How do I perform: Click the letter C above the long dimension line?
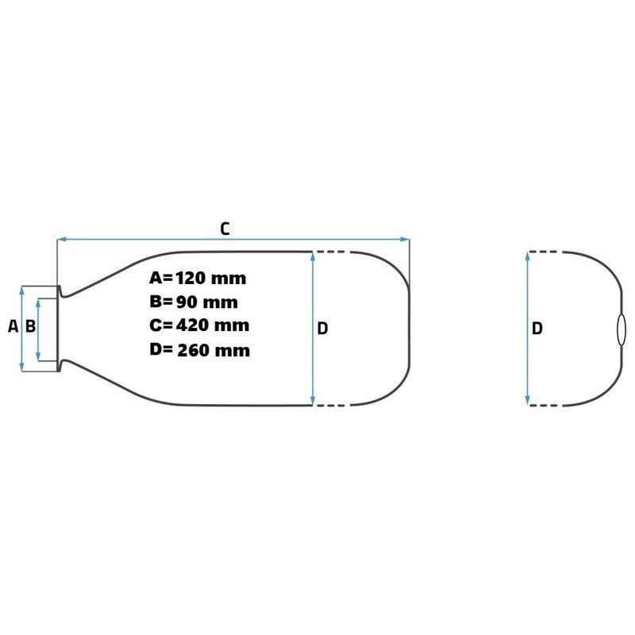pos(225,229)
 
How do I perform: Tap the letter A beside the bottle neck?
pos(13,326)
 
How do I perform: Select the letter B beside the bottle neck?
pos(30,326)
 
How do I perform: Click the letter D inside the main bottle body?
pos(322,329)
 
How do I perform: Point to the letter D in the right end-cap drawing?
pos(537,329)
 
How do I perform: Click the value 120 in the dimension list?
pos(190,279)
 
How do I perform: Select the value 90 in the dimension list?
pos(186,302)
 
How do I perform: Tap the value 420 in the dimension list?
pos(192,325)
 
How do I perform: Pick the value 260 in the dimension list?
pos(193,350)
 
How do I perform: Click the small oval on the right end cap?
pos(621,329)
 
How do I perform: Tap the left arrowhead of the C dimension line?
pos(62,240)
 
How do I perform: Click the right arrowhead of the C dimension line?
pos(405,240)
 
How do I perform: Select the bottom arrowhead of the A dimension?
pos(22,367)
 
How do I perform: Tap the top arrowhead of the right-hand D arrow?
pos(527,256)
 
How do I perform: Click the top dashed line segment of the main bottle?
pos(331,252)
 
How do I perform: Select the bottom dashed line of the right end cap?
pos(545,405)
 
